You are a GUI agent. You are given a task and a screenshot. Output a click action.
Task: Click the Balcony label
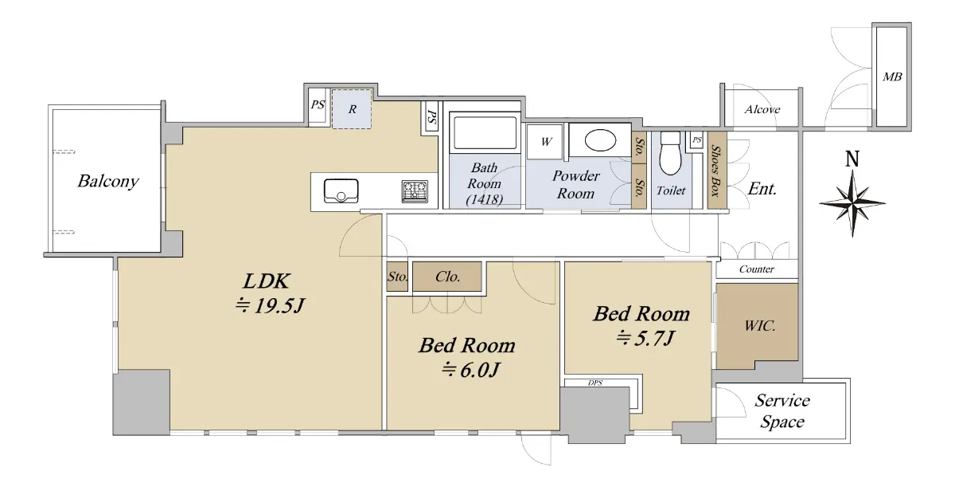(x=108, y=182)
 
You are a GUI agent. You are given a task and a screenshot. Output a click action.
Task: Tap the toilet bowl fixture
(x=670, y=153)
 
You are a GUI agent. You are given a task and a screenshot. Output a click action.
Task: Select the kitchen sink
(x=341, y=190)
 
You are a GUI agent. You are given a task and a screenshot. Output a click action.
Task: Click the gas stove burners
(x=415, y=191)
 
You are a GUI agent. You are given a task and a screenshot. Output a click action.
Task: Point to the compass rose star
(x=852, y=203)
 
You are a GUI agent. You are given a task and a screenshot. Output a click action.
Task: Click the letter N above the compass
(x=852, y=159)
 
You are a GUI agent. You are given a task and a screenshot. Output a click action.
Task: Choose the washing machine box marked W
(x=547, y=141)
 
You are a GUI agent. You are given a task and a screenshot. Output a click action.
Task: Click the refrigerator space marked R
(x=352, y=109)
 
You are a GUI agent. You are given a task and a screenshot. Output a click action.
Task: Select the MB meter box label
(x=892, y=77)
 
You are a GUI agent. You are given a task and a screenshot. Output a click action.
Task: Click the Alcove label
(x=762, y=110)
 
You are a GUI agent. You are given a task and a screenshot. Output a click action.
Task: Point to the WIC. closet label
(x=760, y=326)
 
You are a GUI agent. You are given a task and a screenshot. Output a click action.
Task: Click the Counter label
(x=756, y=269)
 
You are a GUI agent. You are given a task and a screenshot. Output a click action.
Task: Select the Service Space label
(x=782, y=411)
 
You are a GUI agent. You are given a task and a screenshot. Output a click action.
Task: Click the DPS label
(x=595, y=383)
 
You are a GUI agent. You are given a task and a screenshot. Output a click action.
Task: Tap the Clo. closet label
(x=447, y=277)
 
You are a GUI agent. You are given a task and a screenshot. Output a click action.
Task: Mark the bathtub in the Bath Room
(x=485, y=132)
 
